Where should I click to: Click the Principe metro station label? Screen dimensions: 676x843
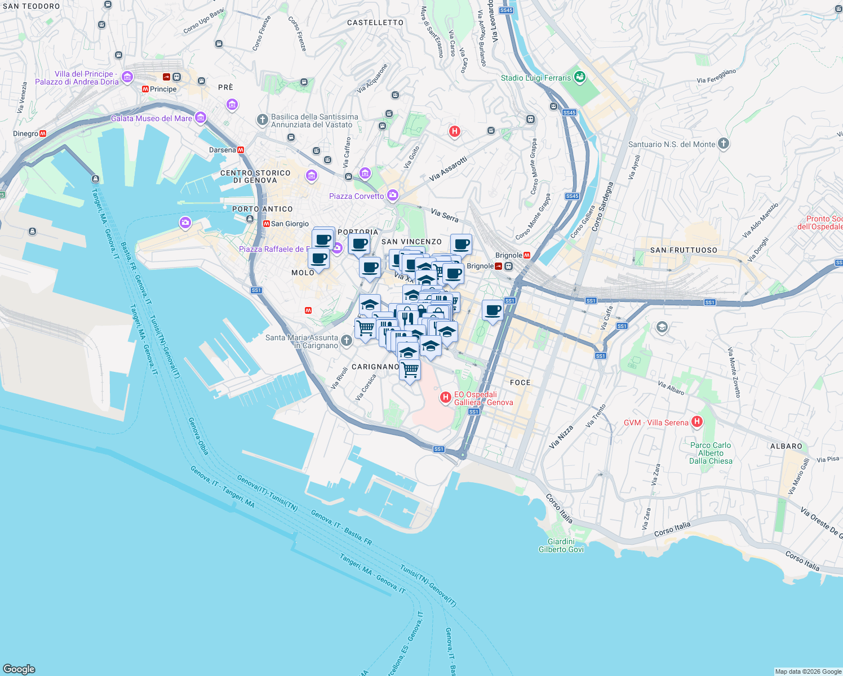[163, 89]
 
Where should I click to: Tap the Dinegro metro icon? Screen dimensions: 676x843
[43, 134]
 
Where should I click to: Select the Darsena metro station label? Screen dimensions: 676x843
[222, 150]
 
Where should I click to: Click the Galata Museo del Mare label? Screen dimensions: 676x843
[151, 118]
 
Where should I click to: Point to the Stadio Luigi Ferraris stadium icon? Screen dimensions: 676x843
[580, 78]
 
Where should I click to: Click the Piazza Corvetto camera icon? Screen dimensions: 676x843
[393, 195]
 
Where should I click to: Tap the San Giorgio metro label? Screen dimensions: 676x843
[290, 224]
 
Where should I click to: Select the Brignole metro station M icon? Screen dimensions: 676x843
[527, 255]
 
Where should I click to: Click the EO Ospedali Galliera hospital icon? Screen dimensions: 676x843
[446, 398]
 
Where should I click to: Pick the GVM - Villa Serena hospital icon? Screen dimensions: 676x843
[697, 422]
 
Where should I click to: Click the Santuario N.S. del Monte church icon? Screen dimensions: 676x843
[724, 144]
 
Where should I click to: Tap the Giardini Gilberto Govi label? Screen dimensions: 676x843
[561, 545]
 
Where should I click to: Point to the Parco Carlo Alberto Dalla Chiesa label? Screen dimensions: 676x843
[711, 453]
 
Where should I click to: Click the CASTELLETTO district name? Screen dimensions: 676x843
[375, 23]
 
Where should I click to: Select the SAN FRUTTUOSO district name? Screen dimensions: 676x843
[684, 250]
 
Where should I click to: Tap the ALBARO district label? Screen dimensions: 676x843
[786, 446]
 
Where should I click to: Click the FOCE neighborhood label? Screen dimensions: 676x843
[520, 383]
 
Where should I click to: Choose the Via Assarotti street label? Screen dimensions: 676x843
[449, 169]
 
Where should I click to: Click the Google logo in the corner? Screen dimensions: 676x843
[19, 669]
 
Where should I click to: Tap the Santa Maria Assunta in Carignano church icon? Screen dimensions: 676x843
[347, 340]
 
